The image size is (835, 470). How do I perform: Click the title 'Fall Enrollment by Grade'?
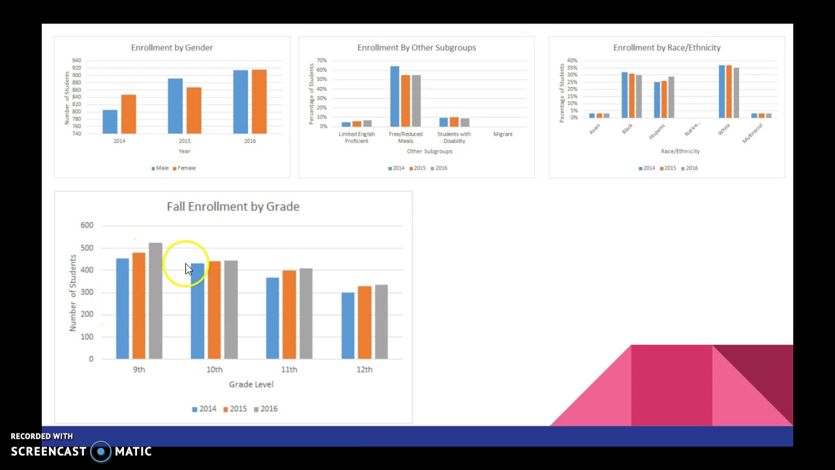(x=233, y=206)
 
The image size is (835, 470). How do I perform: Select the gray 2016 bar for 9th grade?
(x=155, y=301)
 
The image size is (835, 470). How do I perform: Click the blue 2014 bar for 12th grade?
(x=348, y=326)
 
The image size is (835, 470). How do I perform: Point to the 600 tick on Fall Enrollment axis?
(x=87, y=225)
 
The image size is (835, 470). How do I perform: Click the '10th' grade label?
(x=214, y=369)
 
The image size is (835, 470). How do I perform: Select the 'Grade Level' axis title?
(x=251, y=384)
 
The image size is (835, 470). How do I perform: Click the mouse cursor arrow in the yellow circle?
(x=189, y=269)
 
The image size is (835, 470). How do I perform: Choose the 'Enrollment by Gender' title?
(x=172, y=48)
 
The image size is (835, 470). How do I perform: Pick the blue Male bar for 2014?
(x=110, y=121)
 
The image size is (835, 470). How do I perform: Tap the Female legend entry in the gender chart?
(x=184, y=168)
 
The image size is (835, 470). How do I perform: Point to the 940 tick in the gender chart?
(x=77, y=61)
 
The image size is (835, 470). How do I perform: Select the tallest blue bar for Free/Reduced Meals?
(x=395, y=96)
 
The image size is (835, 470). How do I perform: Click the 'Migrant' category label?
(x=503, y=134)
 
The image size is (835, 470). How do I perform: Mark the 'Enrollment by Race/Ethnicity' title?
(x=667, y=48)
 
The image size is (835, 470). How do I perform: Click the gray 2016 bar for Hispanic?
(x=671, y=97)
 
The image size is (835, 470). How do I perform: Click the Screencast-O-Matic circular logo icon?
(x=100, y=451)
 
